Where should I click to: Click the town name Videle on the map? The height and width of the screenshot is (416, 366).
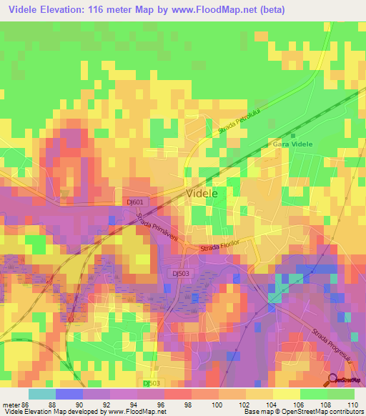pos(202,193)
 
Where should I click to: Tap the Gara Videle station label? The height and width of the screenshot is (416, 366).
pos(292,144)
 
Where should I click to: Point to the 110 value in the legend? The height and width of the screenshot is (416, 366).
pos(350,404)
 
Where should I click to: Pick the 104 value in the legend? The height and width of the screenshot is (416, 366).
pos(272,404)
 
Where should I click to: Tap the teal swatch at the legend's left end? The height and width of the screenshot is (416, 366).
pos(41,393)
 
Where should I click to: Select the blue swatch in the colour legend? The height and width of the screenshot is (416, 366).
pos(69,393)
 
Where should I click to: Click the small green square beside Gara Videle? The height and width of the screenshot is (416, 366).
pos(293,136)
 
